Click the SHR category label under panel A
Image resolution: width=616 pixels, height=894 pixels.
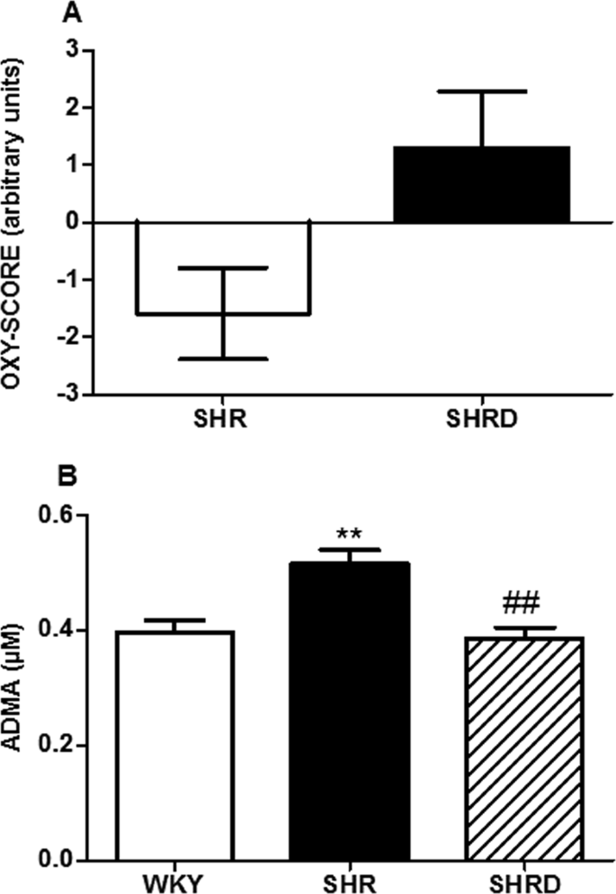point(222,421)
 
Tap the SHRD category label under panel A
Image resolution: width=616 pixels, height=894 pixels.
point(482,421)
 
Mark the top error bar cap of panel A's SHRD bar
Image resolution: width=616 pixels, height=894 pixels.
point(482,92)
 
